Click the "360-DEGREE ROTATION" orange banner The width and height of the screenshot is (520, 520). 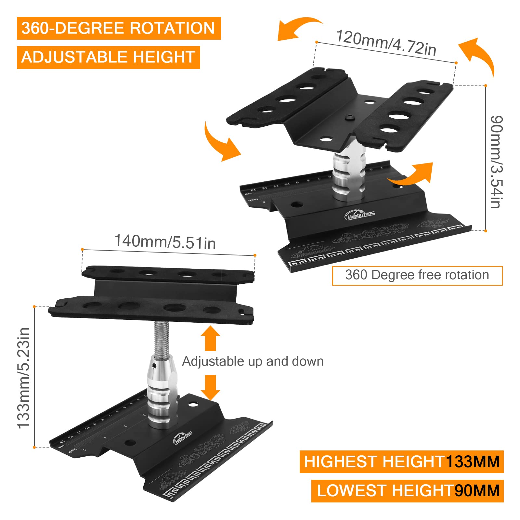click(x=119, y=28)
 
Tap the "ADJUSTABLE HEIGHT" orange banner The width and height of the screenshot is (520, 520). click(x=108, y=57)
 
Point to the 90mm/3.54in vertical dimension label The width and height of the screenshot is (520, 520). click(x=496, y=162)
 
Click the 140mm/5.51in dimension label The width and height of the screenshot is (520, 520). click(x=165, y=242)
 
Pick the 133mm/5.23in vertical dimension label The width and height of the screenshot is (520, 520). click(x=24, y=378)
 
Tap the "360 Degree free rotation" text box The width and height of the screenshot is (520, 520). click(x=417, y=275)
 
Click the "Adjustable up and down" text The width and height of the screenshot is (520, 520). click(x=253, y=361)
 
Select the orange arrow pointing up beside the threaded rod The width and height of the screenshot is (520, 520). click(x=210, y=338)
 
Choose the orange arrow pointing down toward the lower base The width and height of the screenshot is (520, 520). click(x=210, y=387)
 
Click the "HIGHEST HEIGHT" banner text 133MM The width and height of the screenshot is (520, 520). click(x=473, y=462)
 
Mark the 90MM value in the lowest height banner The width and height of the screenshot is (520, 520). click(x=477, y=491)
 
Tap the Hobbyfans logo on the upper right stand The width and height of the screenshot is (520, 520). click(x=359, y=215)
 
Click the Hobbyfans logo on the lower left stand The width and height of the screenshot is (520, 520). click(x=183, y=437)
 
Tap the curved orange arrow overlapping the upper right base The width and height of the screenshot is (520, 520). click(x=413, y=175)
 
